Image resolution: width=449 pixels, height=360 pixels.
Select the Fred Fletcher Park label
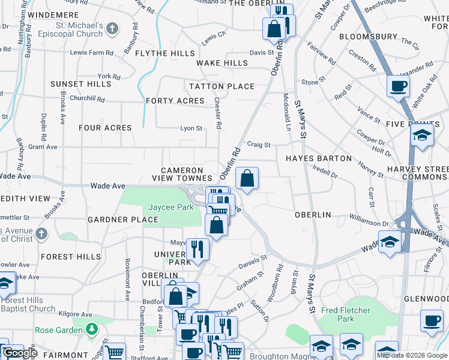(346, 314)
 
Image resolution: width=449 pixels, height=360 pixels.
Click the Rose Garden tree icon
(91, 329)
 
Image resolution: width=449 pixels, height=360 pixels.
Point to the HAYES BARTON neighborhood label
(318, 158)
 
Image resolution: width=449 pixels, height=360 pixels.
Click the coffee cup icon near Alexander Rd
(398, 86)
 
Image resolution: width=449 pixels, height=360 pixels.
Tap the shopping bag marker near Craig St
(247, 178)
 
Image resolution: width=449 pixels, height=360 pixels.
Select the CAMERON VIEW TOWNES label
(182, 174)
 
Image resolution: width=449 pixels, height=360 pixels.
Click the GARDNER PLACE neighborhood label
(123, 220)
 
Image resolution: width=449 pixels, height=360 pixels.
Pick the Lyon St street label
(191, 128)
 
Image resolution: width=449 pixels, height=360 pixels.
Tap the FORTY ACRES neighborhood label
(175, 101)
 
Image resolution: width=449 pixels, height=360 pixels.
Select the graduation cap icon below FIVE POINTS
(422, 136)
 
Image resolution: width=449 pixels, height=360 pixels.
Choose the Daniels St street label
(252, 262)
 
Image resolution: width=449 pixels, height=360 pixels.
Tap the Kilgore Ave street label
(75, 314)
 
